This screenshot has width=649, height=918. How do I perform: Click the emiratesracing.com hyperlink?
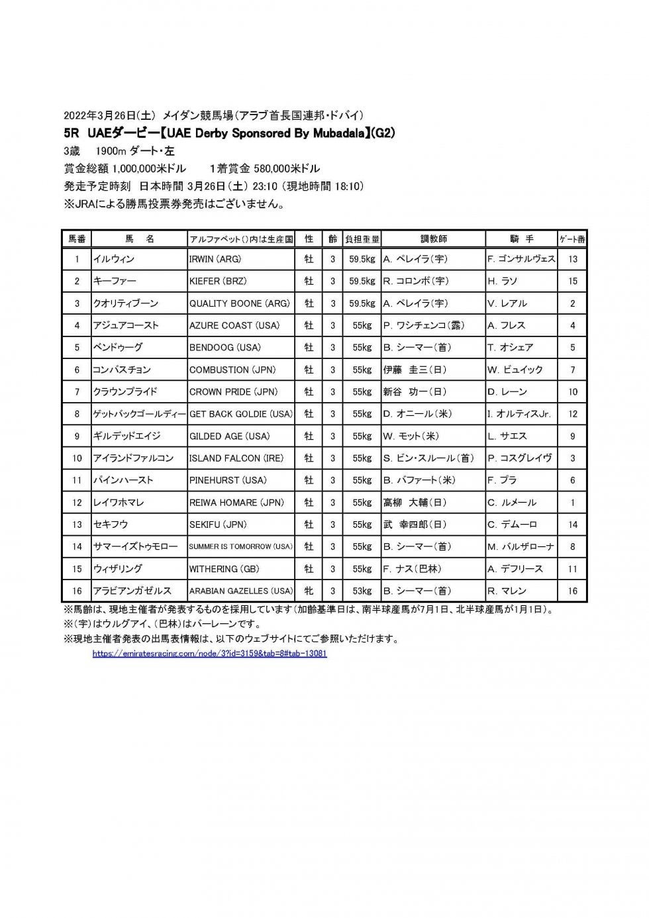[209, 653]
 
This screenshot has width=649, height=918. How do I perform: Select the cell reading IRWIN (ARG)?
[216, 259]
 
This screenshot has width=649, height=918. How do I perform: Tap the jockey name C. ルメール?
[511, 502]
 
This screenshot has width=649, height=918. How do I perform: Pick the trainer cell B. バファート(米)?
[419, 480]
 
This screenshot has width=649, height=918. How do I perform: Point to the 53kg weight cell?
[362, 591]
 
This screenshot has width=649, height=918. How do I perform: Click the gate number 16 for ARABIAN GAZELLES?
[573, 591]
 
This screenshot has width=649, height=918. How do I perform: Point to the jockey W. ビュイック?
[515, 370]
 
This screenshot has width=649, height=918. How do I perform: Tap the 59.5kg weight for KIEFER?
[362, 281]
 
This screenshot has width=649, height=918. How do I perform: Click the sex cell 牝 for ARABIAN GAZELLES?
[309, 591]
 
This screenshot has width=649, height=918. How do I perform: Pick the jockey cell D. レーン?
[508, 391]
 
